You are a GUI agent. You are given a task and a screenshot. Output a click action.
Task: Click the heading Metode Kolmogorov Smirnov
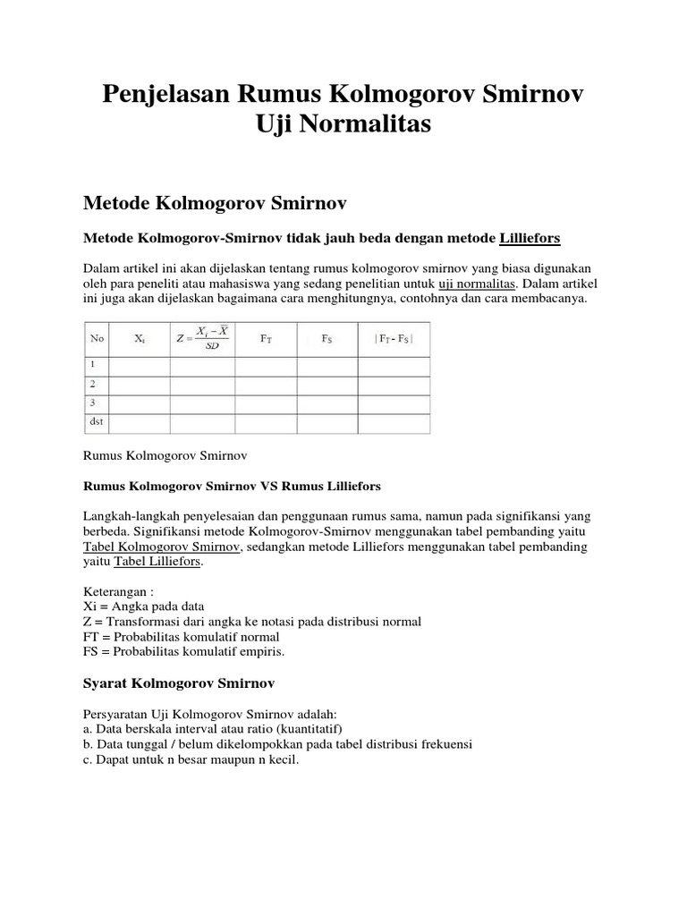[215, 204]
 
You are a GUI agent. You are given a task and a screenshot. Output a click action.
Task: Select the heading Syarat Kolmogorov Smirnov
[178, 683]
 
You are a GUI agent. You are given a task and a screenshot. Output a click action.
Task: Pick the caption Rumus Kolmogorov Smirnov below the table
[164, 455]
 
